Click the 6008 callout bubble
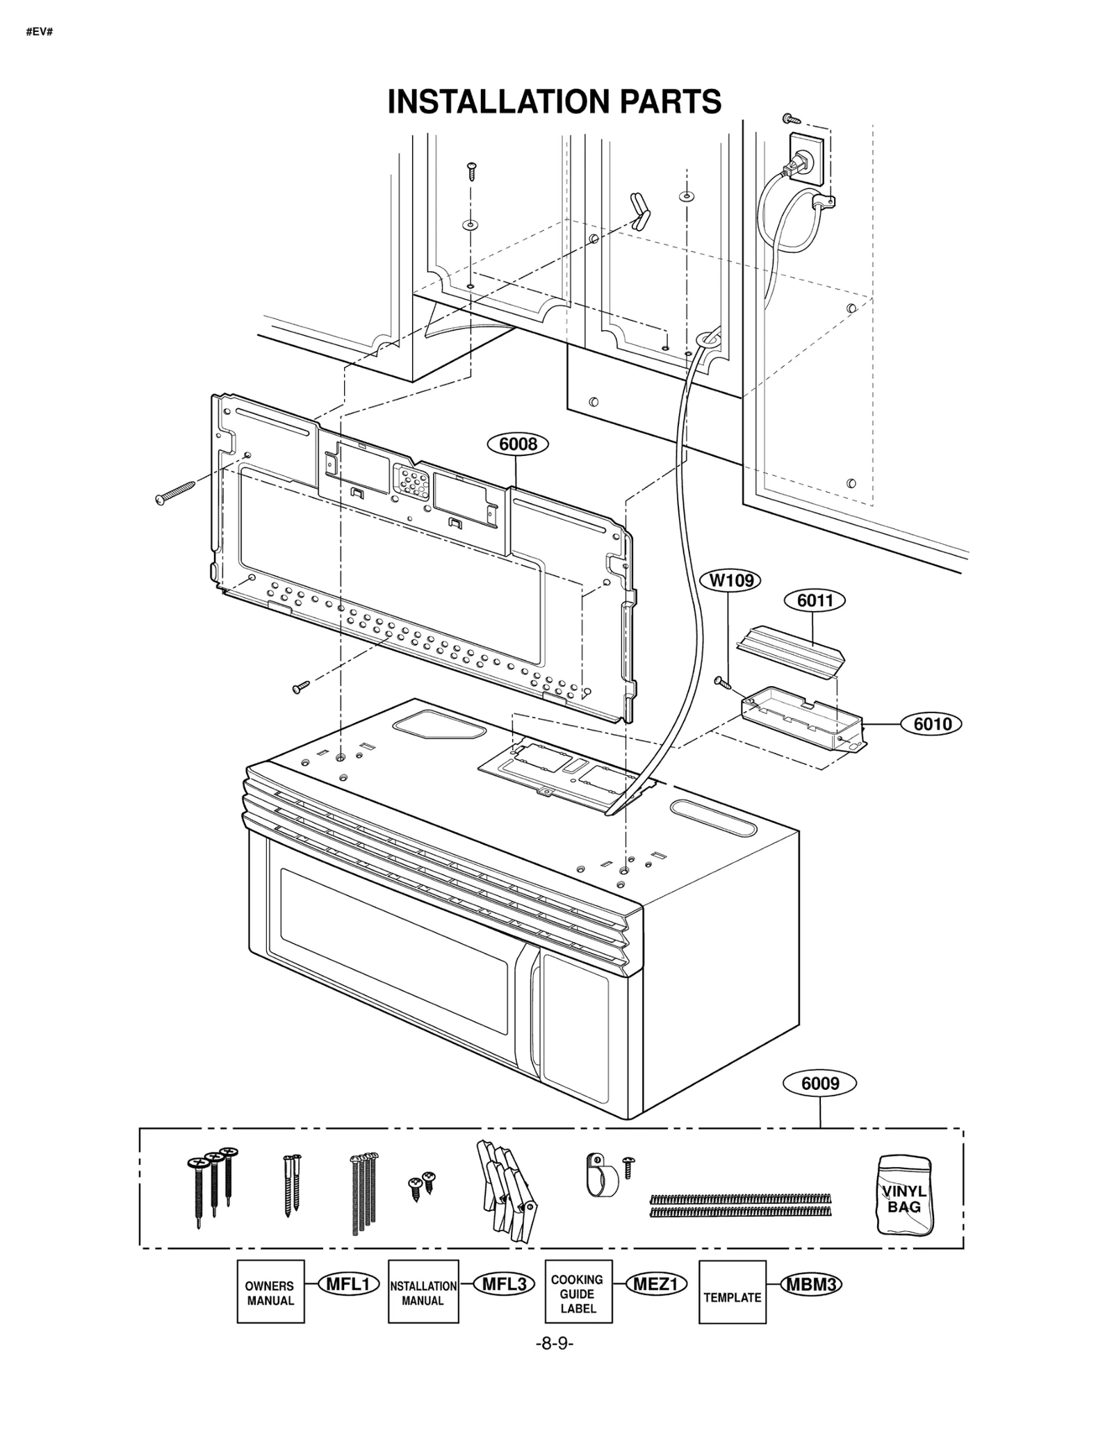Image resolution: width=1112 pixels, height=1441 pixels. [518, 443]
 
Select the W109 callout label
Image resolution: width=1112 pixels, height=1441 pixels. [730, 580]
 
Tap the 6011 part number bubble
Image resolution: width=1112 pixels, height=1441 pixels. [815, 600]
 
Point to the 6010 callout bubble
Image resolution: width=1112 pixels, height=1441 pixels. [931, 724]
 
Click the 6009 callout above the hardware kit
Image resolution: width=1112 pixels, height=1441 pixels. [819, 1083]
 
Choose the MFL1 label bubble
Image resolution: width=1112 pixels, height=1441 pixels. [348, 1284]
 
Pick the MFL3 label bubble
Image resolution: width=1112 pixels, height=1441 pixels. [504, 1284]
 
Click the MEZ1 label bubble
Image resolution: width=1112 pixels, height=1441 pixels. [655, 1284]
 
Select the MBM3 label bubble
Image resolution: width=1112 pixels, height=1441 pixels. [810, 1284]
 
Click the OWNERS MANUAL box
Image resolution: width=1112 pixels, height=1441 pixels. [270, 1293]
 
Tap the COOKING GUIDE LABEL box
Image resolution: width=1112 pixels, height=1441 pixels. [578, 1293]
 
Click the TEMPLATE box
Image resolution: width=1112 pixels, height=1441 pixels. [732, 1294]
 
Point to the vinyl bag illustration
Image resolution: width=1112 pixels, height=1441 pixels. [904, 1195]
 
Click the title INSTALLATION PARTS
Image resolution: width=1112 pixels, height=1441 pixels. [554, 101]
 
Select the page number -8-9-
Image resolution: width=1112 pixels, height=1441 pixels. [554, 1344]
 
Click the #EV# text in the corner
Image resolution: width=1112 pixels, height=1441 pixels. [40, 32]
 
